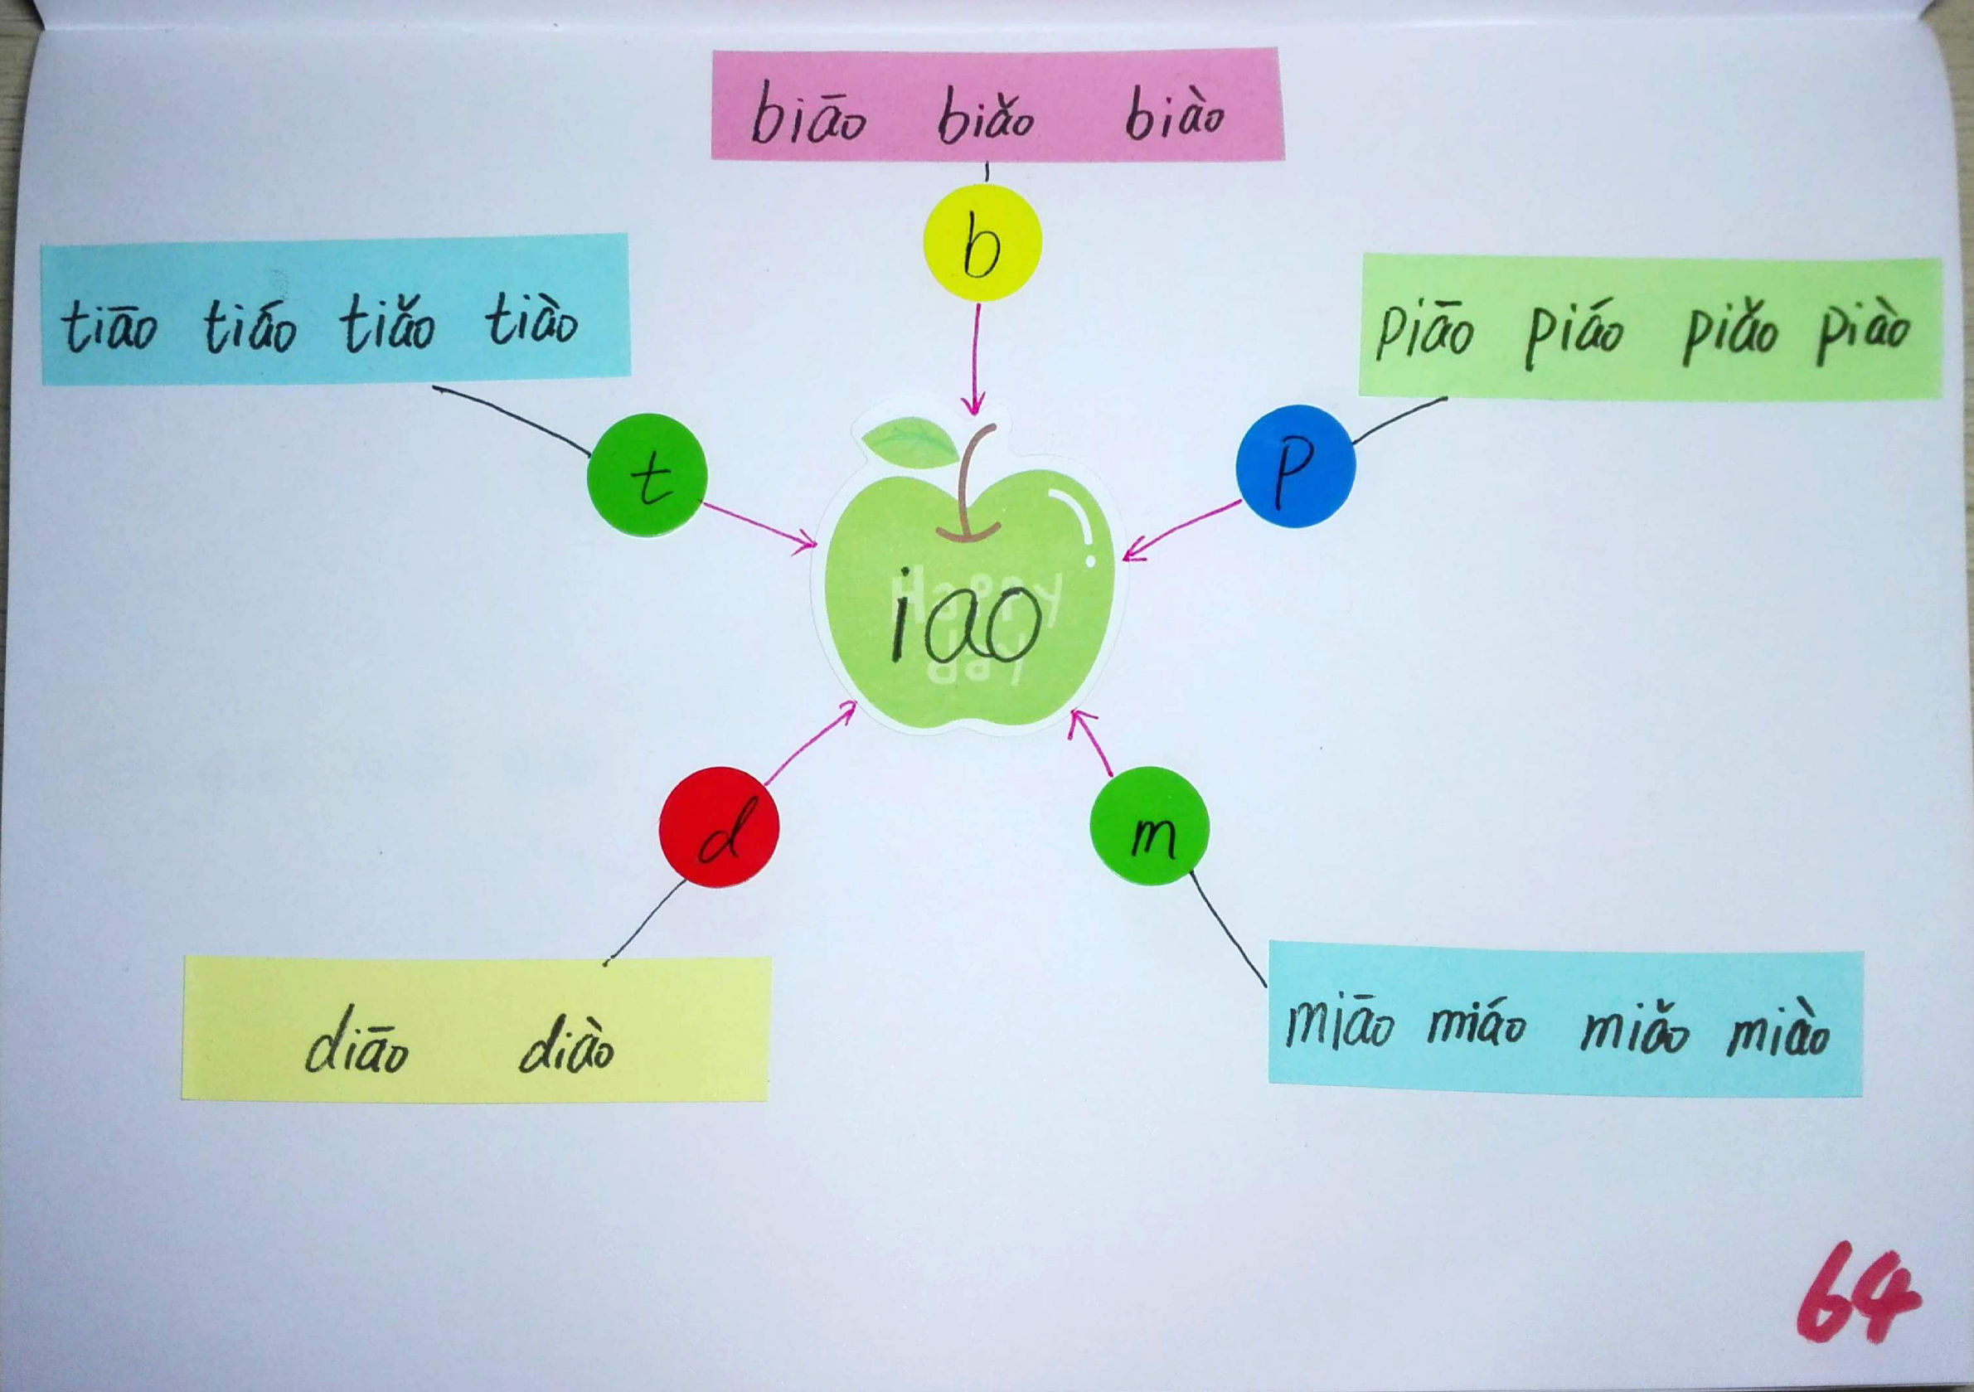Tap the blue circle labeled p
click(1296, 466)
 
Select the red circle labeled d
click(720, 828)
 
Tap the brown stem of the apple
click(972, 486)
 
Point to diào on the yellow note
click(566, 1045)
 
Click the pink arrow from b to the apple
click(977, 357)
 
